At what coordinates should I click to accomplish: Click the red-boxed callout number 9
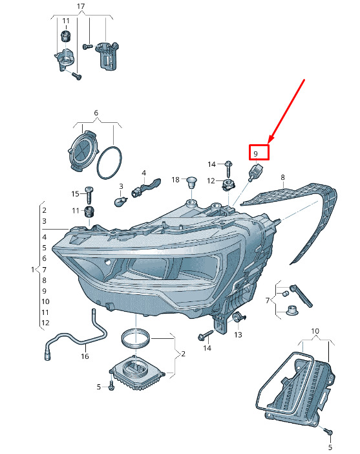255,153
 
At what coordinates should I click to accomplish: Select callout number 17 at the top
81,6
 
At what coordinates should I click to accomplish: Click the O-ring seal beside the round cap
109,163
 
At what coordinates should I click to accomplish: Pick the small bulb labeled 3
120,201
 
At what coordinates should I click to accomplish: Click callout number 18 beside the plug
176,180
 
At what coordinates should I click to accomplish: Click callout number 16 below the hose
85,356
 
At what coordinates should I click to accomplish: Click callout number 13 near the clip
238,335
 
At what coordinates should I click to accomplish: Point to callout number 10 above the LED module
315,330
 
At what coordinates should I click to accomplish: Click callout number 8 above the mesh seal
282,177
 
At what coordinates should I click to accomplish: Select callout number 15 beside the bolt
75,194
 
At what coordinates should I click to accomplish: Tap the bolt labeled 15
89,195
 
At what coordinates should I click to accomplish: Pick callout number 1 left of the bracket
33,270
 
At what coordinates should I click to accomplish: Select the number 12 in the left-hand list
45,323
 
